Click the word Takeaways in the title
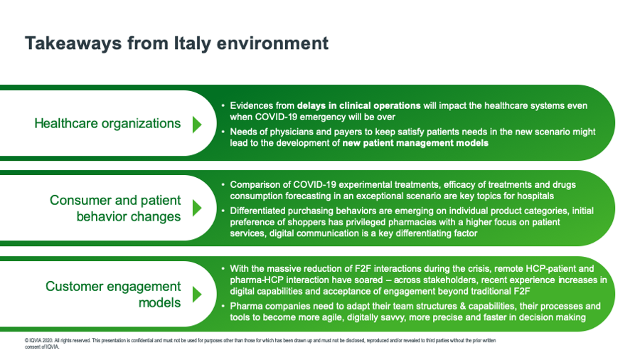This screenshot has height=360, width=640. pos(73,43)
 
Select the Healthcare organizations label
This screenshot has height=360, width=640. pos(107,123)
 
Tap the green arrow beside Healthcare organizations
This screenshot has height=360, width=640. pos(197,125)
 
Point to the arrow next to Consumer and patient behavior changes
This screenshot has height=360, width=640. pos(197,208)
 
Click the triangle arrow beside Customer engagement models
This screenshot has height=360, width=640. pos(197,295)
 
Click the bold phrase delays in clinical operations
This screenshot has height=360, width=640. pos(359,106)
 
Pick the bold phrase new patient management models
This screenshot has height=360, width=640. pos(415,143)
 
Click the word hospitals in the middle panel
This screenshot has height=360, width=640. pos(535,196)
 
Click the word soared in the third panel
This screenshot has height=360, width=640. pos(368,280)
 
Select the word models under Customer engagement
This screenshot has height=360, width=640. pos(159,303)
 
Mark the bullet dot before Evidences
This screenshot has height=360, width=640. pos(223,106)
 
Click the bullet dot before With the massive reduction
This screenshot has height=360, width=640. pos(223,268)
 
